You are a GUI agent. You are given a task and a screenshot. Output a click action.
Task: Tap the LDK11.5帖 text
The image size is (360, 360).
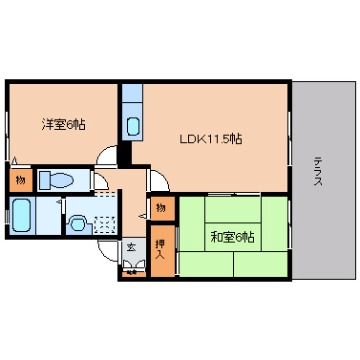tap(211, 139)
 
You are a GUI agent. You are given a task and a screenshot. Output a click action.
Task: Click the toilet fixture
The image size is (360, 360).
tap(58, 180)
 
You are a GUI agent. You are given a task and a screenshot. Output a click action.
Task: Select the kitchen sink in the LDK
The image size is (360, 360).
tap(132, 125)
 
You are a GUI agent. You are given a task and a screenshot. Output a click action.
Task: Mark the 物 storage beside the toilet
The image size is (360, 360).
tap(19, 180)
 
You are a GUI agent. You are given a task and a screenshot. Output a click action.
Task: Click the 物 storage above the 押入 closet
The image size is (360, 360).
tap(161, 207)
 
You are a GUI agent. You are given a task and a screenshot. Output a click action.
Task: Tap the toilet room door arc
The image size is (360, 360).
tap(101, 181)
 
